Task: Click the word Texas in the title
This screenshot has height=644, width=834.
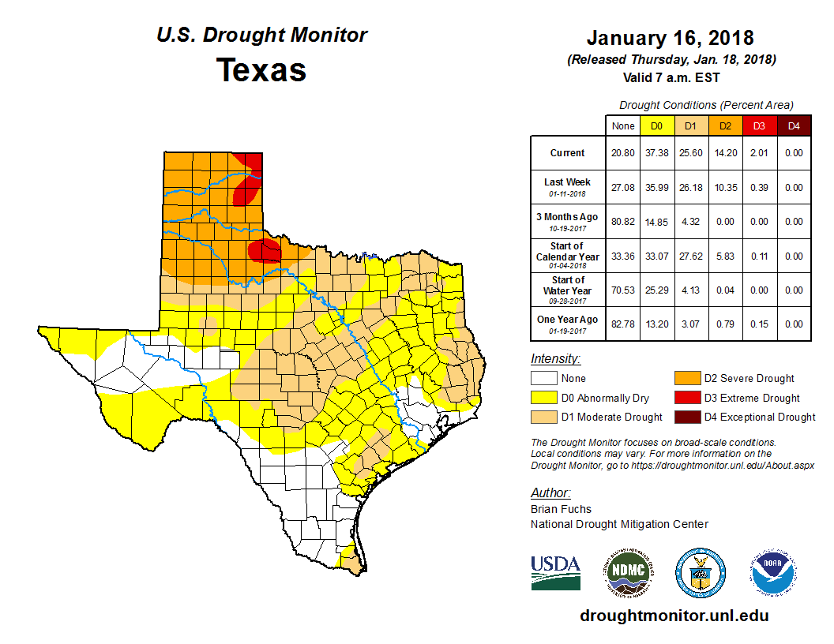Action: (x=261, y=69)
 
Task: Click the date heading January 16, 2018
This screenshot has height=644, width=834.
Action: (x=670, y=38)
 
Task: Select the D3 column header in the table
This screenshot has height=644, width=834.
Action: (x=758, y=125)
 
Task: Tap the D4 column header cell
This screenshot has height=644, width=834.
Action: (x=794, y=125)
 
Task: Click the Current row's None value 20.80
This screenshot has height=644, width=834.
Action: (x=623, y=153)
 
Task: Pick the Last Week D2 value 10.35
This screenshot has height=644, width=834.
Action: (x=724, y=188)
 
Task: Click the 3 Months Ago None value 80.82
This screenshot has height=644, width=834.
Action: (x=623, y=222)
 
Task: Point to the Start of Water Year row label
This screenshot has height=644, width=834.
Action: (x=567, y=290)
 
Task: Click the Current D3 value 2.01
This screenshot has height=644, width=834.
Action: (x=758, y=153)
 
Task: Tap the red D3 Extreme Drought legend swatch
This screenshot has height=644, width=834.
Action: (x=686, y=398)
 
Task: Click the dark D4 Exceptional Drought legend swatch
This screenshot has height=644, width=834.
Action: (x=686, y=417)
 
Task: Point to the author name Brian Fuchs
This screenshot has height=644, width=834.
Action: (x=561, y=509)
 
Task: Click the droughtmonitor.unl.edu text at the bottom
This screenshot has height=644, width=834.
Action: (x=674, y=616)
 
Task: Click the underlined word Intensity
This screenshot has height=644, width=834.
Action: (x=555, y=358)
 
